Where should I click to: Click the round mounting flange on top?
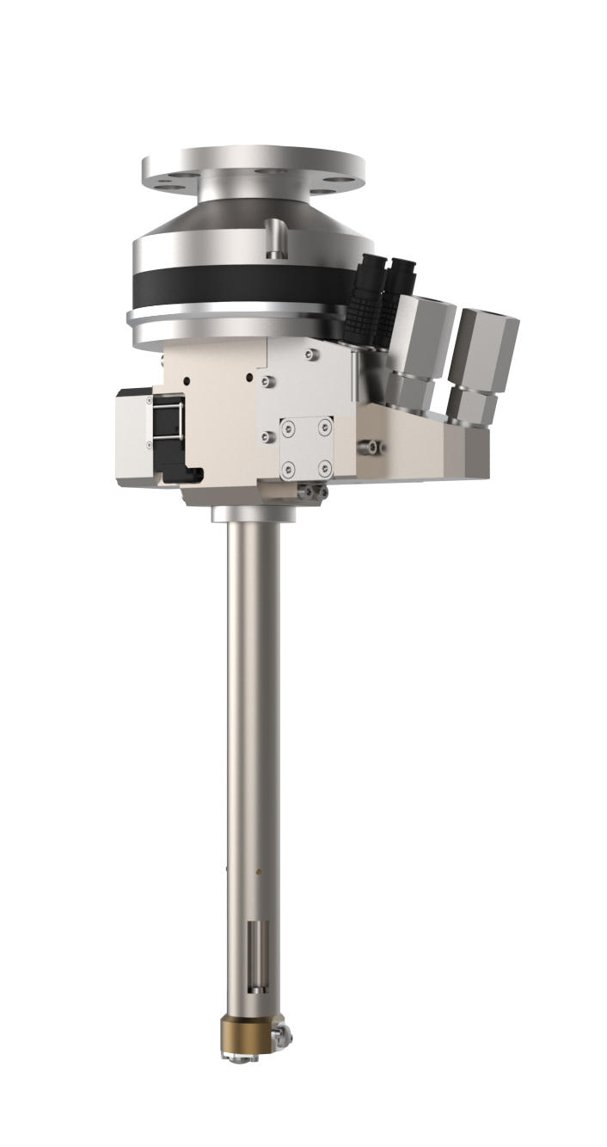[253, 167]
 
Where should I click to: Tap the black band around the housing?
[241, 283]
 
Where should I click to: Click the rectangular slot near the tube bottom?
[253, 953]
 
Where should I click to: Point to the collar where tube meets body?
[253, 514]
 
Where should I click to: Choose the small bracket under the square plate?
[311, 490]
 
